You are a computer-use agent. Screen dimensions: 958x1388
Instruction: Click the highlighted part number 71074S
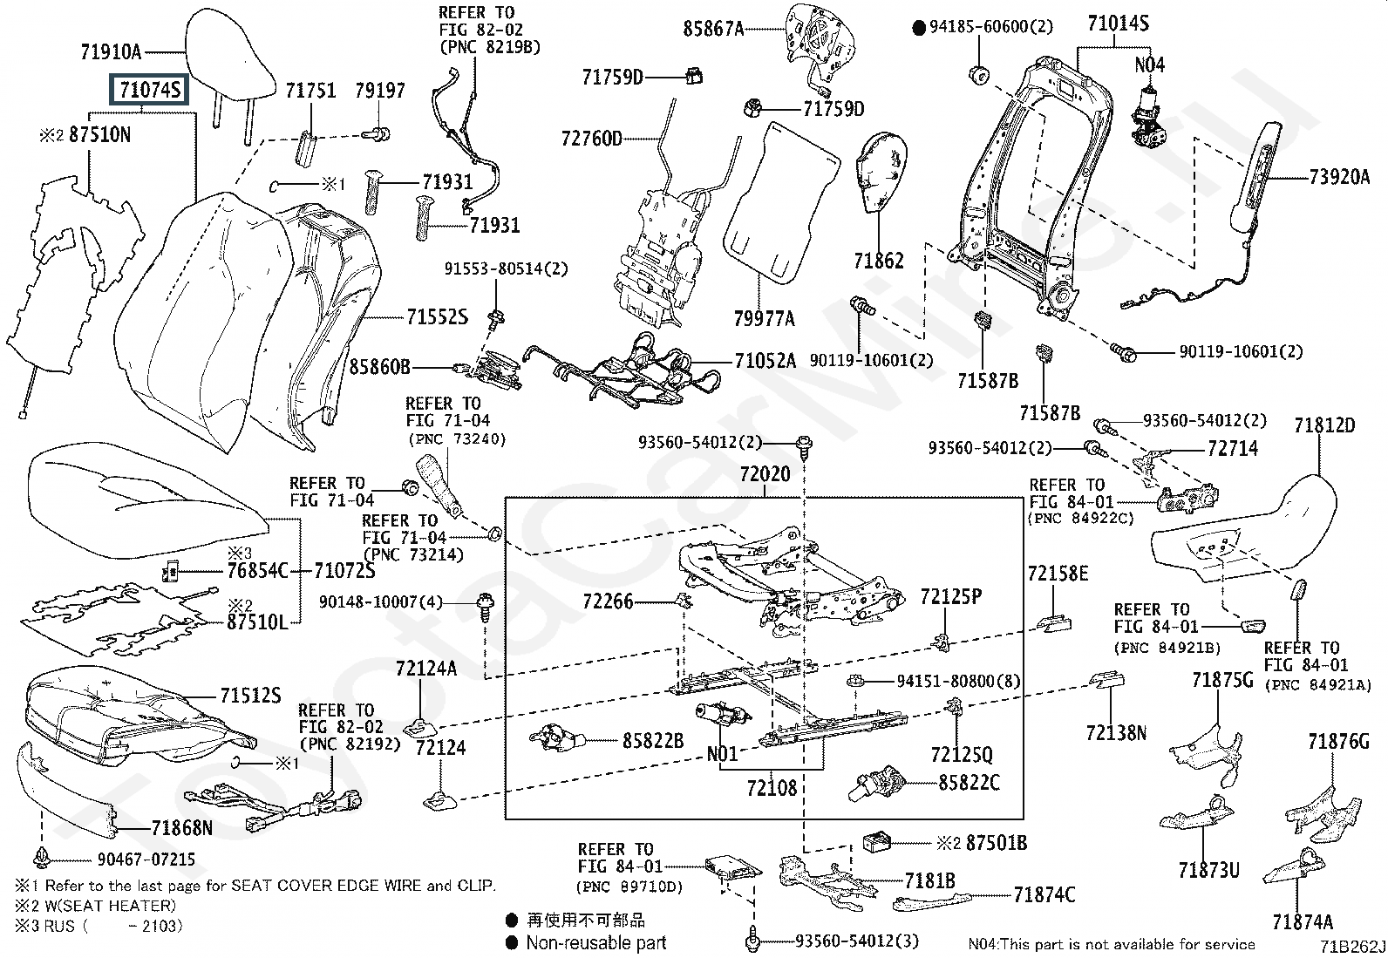[x=149, y=90]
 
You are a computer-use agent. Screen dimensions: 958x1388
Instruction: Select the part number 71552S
[x=437, y=317]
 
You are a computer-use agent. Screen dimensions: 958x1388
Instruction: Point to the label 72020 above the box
[x=765, y=474]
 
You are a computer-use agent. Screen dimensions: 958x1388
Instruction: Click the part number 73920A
[x=1340, y=178]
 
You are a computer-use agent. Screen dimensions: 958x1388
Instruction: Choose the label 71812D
[x=1324, y=425]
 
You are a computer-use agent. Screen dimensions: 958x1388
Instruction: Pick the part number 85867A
[x=713, y=30]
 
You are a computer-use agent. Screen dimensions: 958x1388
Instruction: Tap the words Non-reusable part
[x=595, y=942]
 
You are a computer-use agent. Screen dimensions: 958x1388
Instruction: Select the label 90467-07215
[x=146, y=859]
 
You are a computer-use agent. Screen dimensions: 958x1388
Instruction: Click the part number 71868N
[x=181, y=827]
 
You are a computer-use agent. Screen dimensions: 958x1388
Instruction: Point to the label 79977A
[x=764, y=318]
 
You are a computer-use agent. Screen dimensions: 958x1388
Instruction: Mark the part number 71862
[x=878, y=261]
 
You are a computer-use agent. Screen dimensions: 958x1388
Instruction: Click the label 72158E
[x=1058, y=574]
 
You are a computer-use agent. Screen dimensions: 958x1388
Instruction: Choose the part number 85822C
[x=969, y=783]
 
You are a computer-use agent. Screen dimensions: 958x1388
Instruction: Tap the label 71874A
[x=1302, y=921]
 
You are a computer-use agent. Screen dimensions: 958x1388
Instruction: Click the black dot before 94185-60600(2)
[x=918, y=28]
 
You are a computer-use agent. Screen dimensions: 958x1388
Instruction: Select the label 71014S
[x=1118, y=24]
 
